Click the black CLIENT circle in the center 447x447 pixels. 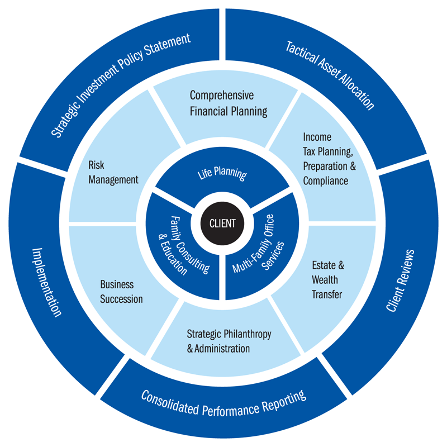click(222, 223)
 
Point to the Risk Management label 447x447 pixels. click(113, 172)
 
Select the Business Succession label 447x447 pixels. click(121, 292)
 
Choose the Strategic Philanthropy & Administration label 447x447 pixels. click(229, 341)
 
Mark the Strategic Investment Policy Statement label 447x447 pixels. click(121, 85)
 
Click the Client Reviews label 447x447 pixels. click(401, 279)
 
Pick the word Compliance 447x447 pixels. click(325, 180)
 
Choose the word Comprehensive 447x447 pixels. click(222, 95)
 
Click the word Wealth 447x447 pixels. click(325, 280)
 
